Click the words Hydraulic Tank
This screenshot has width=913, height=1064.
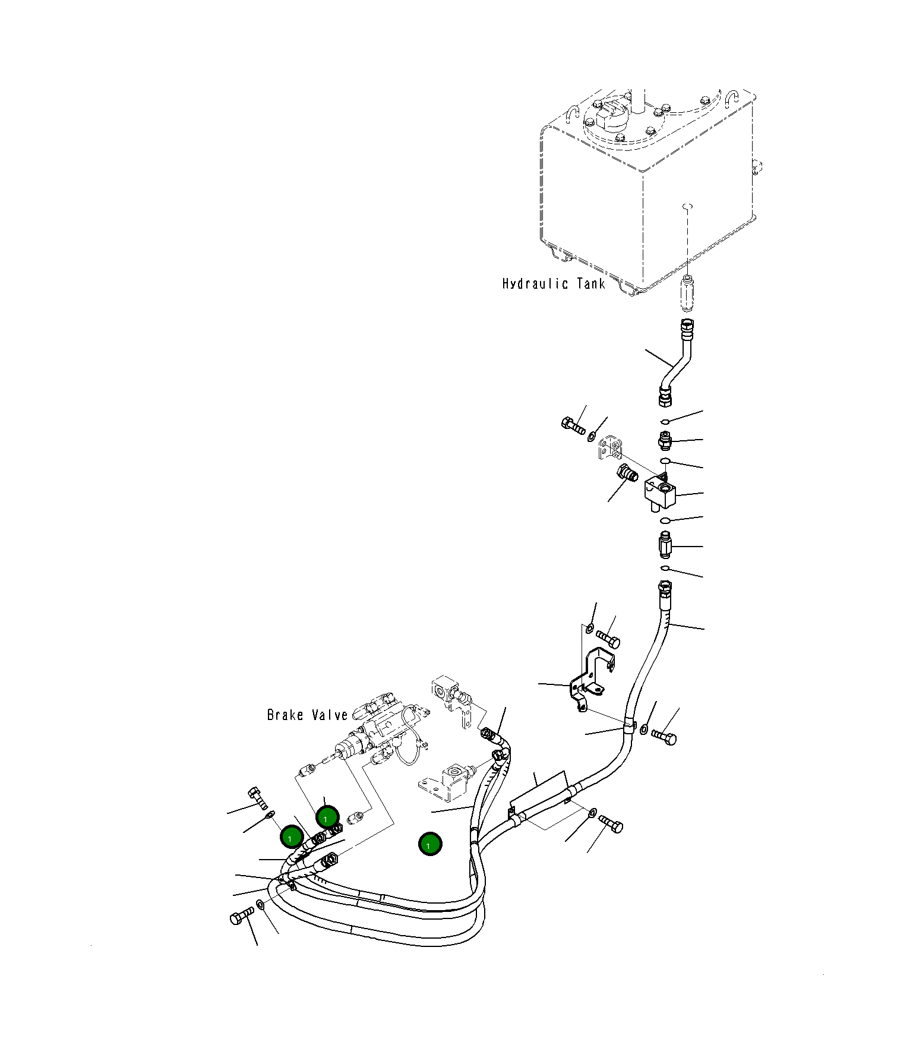[554, 284]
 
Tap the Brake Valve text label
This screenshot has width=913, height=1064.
[307, 715]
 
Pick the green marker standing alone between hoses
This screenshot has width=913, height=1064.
[430, 844]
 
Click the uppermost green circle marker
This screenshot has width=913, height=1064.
[327, 817]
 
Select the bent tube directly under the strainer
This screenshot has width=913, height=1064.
[678, 362]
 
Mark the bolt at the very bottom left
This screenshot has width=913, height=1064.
[242, 917]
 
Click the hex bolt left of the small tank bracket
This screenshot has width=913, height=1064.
[573, 425]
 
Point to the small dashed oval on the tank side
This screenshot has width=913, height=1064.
[688, 206]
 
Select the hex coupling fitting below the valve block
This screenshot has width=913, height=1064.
[665, 545]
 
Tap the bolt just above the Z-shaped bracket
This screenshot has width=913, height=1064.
[608, 639]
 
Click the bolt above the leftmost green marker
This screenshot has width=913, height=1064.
[258, 798]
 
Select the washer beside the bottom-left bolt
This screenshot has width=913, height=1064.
[261, 905]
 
